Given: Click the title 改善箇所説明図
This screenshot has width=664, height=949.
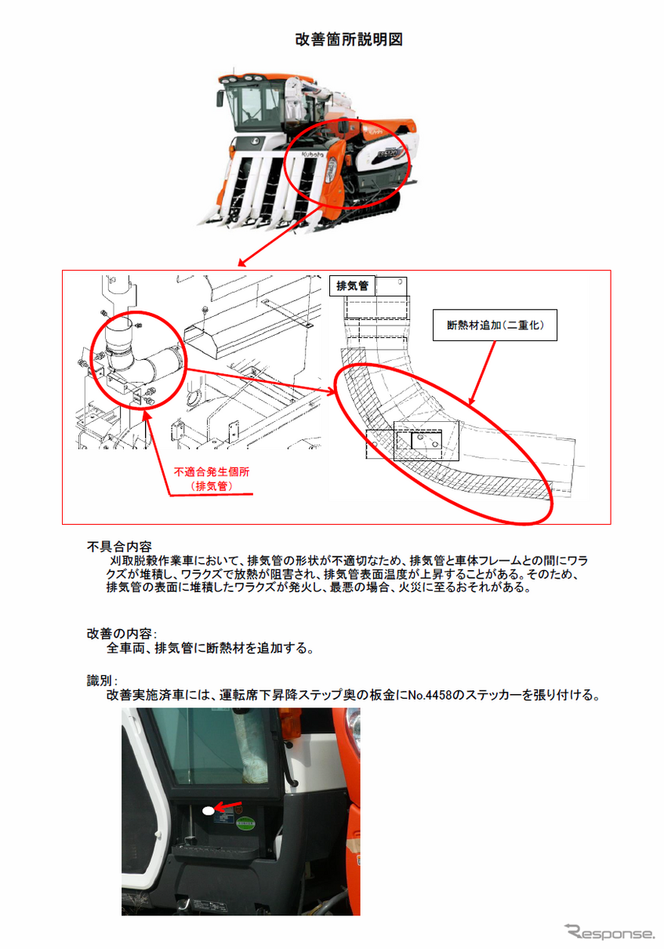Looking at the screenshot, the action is point(349,39).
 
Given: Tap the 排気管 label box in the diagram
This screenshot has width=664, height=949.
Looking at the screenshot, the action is point(352,286).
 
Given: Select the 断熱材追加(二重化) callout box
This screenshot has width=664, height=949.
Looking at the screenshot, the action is point(495,325).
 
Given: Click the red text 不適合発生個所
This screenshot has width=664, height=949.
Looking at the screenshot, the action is point(212,471).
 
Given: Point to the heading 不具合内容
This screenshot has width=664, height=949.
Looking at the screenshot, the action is point(119,547).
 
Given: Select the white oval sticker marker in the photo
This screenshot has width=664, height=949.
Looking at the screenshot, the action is point(209,811).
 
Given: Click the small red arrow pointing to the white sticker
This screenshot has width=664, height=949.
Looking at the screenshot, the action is point(228,805).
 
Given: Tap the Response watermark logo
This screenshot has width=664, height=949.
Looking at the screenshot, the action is point(610,932).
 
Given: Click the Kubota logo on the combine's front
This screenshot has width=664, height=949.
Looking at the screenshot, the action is point(313,155).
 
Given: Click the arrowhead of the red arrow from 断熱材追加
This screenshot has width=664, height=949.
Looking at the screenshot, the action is point(470,402).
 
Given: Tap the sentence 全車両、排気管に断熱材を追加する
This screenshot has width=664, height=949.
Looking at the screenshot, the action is point(209,648).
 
